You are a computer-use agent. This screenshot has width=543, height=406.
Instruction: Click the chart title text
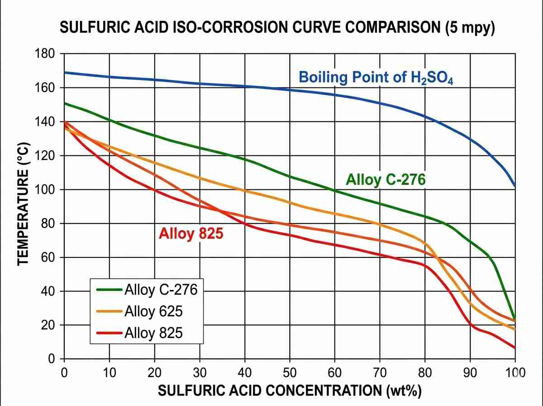(278, 28)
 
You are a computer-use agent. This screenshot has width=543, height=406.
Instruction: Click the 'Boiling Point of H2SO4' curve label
(376, 77)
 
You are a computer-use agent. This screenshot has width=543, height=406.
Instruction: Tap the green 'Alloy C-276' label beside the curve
(386, 180)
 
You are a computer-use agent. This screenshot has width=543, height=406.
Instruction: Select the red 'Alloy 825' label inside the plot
(191, 234)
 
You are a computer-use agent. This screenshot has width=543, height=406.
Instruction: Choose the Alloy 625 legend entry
(153, 311)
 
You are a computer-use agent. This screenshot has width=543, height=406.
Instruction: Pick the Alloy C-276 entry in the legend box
(161, 289)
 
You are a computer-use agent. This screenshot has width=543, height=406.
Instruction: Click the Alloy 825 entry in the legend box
(153, 333)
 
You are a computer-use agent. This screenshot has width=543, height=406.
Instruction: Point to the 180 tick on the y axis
(45, 54)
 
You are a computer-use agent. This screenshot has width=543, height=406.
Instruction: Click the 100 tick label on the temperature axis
(45, 189)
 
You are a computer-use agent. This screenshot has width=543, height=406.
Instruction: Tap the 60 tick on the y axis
(48, 257)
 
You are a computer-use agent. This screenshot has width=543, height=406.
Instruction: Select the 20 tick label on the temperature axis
(48, 325)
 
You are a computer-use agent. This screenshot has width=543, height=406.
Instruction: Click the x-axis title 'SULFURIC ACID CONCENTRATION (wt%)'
(290, 391)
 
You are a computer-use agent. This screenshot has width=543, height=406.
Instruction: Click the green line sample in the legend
(110, 289)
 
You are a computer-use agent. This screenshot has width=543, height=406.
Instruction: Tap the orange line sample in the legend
(110, 311)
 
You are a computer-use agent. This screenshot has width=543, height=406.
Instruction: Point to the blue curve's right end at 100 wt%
(514, 186)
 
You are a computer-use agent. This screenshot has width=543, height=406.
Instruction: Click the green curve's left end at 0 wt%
(65, 103)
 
